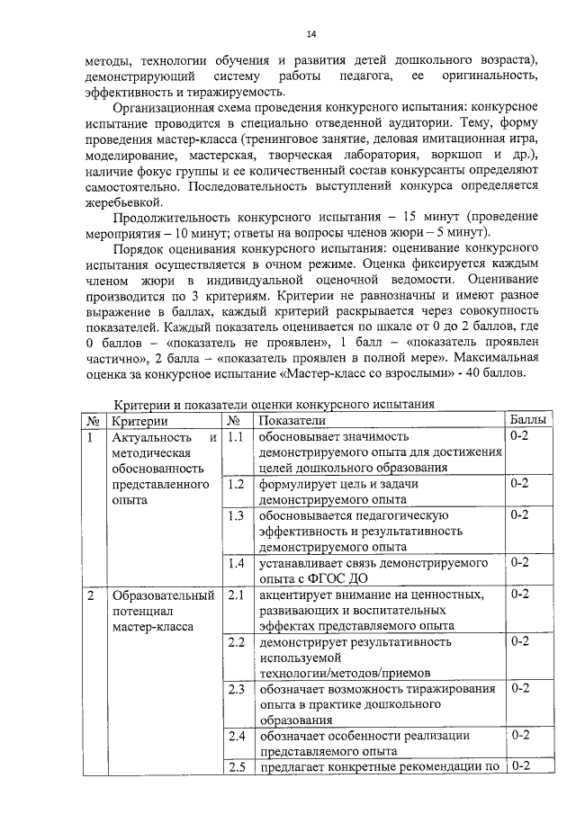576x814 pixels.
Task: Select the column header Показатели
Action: point(292,421)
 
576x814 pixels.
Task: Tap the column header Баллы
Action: point(526,420)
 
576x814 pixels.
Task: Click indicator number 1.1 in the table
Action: point(236,437)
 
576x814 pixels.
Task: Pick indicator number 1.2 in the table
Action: point(236,484)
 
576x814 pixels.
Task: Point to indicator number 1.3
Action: point(236,515)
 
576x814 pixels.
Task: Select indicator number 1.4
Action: point(236,563)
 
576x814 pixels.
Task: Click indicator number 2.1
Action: point(236,595)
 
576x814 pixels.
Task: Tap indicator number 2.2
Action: point(236,642)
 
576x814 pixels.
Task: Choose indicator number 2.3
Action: point(236,689)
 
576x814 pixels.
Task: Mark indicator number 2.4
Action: point(236,736)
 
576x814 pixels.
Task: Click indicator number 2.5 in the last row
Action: point(236,767)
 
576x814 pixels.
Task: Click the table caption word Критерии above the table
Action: point(148,405)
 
